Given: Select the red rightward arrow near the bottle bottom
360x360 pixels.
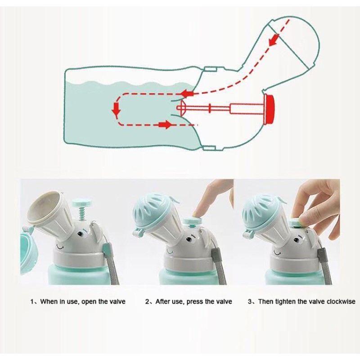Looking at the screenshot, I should [166, 124].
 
